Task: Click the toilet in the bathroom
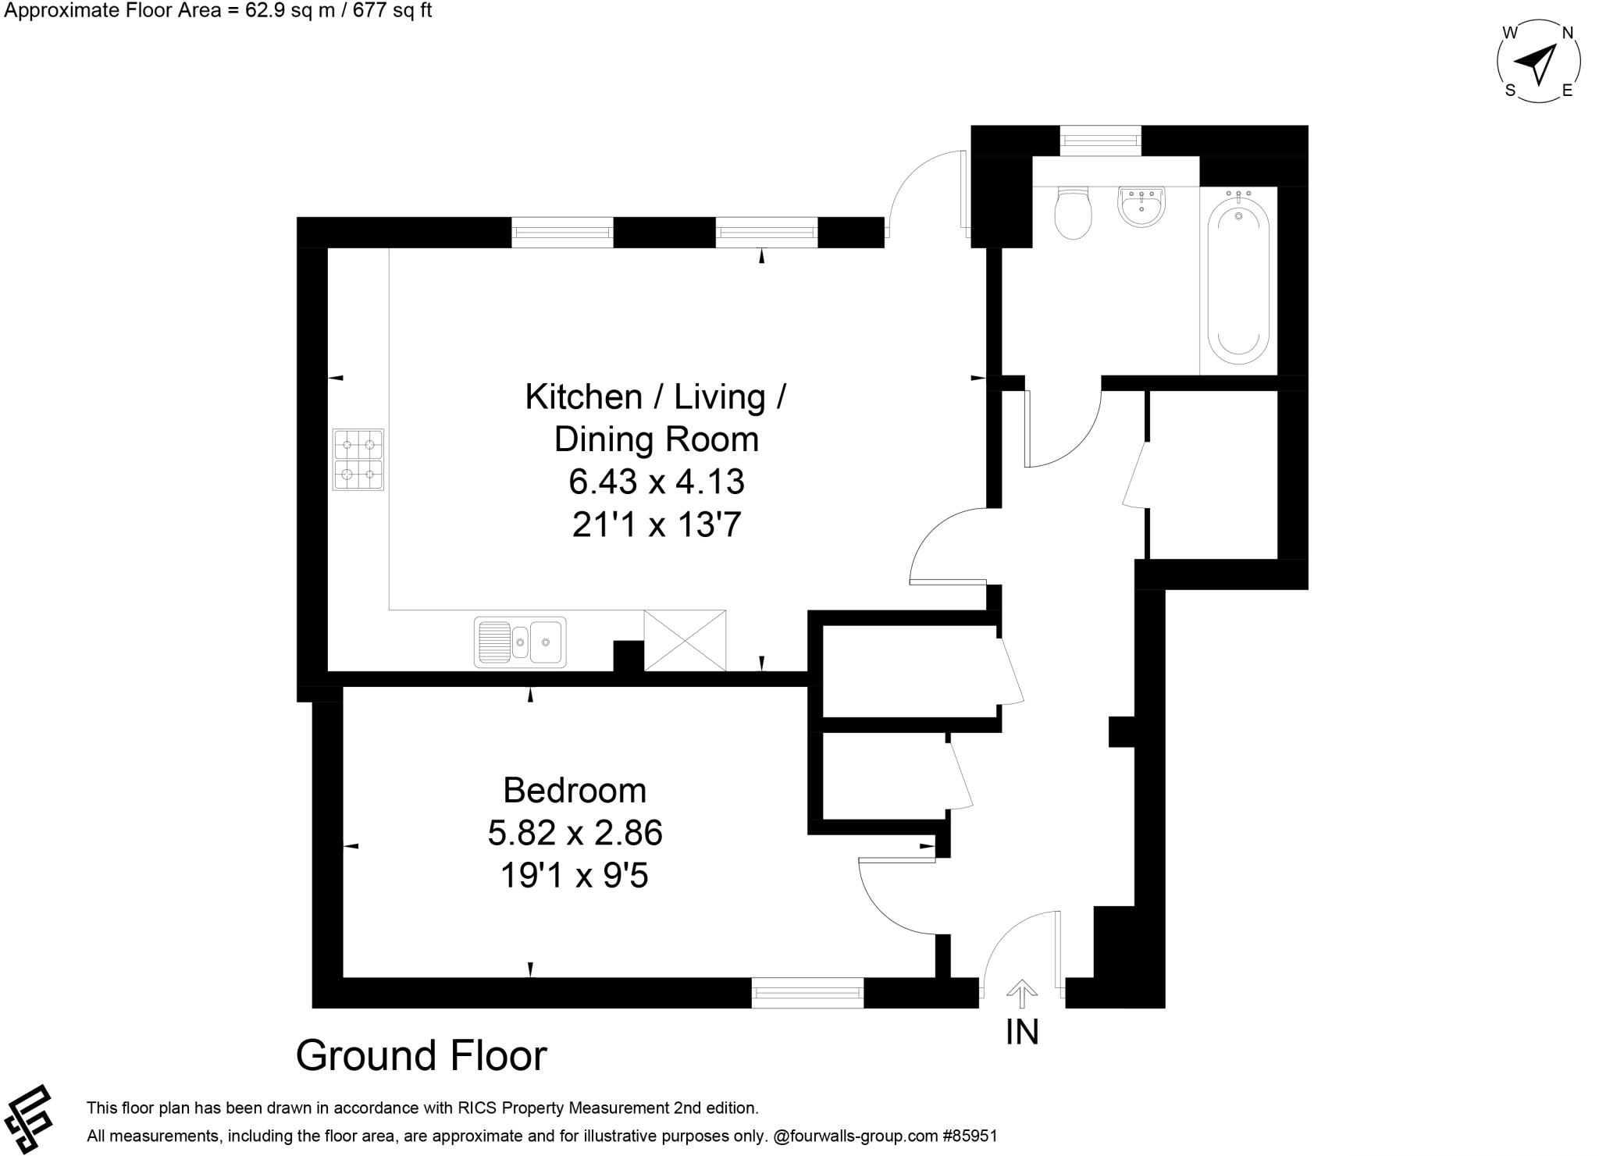(1073, 212)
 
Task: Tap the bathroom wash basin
(1141, 207)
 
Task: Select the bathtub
(1238, 281)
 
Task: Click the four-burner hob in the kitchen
(358, 459)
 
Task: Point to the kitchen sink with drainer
(520, 642)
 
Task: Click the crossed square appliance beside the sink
(685, 641)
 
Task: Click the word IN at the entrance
(1022, 1033)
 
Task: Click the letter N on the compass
(1566, 33)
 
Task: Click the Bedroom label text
(575, 790)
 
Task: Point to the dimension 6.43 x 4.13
(656, 482)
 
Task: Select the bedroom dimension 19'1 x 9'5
(575, 875)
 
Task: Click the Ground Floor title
(421, 1055)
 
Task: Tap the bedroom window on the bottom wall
(807, 992)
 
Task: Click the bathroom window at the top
(1100, 140)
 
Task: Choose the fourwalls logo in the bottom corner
(28, 1118)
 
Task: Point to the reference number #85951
(970, 1136)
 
